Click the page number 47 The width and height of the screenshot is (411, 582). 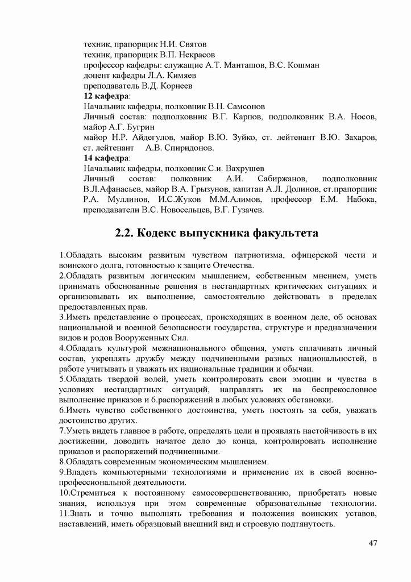373,544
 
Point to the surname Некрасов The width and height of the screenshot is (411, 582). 196,55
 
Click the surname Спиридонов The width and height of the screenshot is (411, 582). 188,148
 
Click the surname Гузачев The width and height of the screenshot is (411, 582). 243,210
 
